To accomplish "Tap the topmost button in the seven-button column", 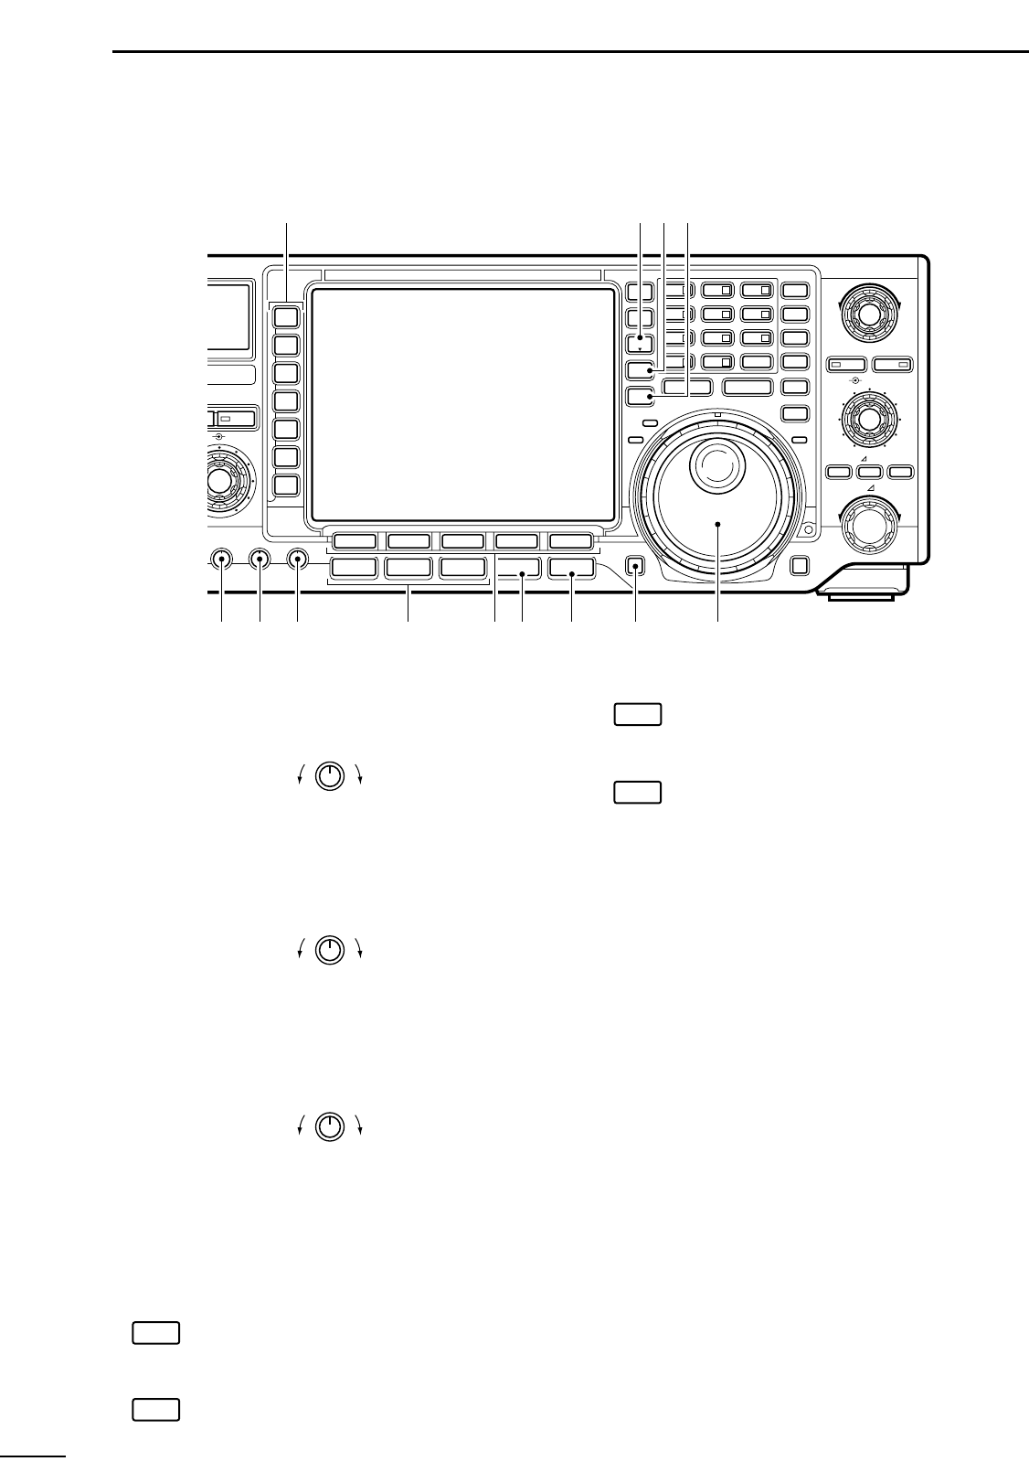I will tap(287, 316).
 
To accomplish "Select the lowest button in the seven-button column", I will tap(287, 485).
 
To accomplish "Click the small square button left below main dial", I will tap(637, 567).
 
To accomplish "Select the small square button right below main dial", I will tap(800, 566).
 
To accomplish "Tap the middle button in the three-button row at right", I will tap(870, 472).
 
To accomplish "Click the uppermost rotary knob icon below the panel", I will tap(330, 775).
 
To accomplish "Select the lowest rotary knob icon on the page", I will tap(330, 1126).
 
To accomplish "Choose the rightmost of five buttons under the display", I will tap(572, 540).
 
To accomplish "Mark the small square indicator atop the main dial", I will tap(718, 415).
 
